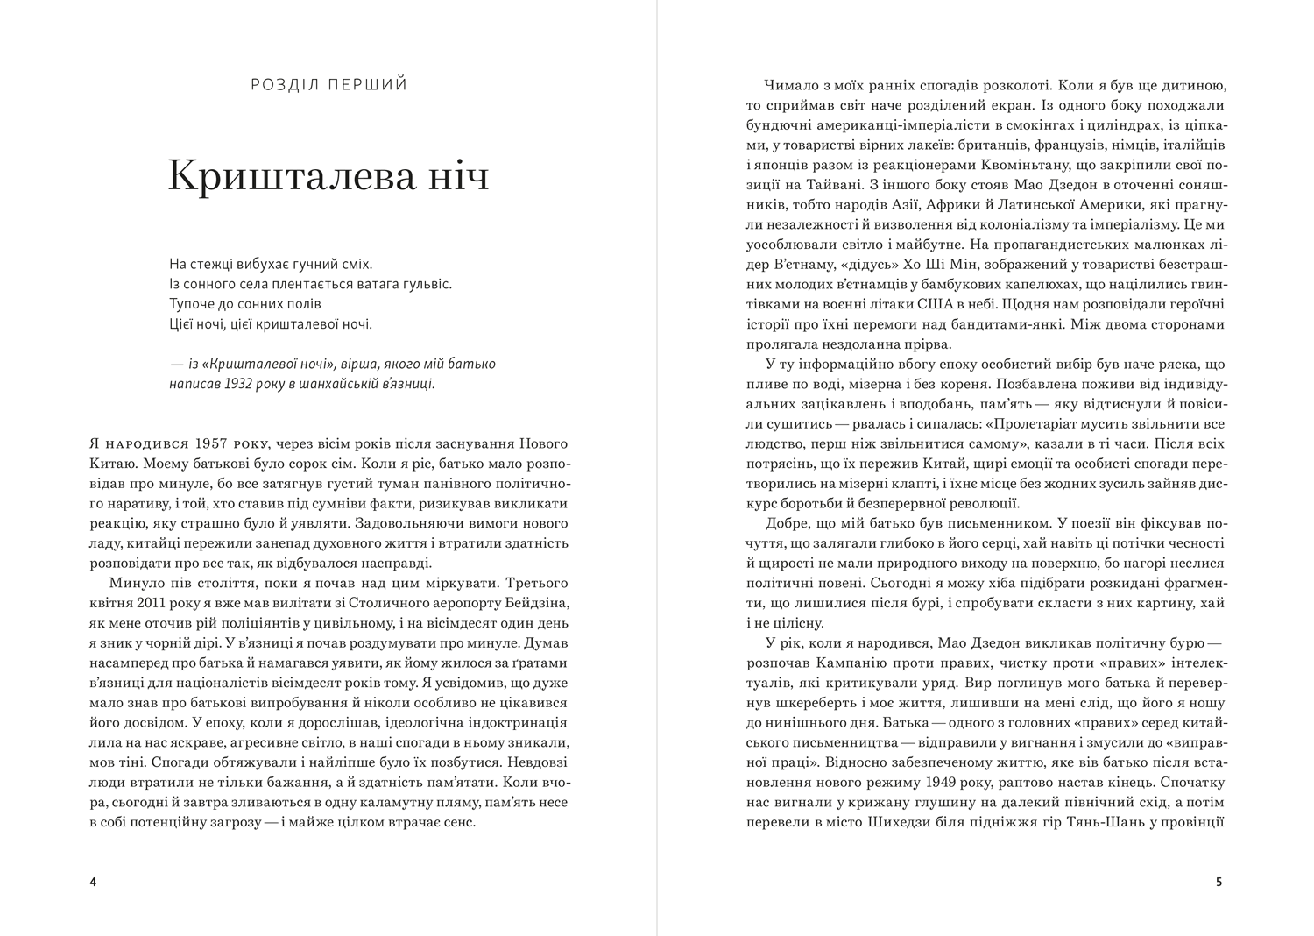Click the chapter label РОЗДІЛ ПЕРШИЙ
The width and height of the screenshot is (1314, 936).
[329, 85]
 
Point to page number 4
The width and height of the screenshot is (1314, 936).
[93, 882]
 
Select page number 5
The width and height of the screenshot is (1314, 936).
[1219, 882]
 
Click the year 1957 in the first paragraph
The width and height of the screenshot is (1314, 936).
[214, 442]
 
